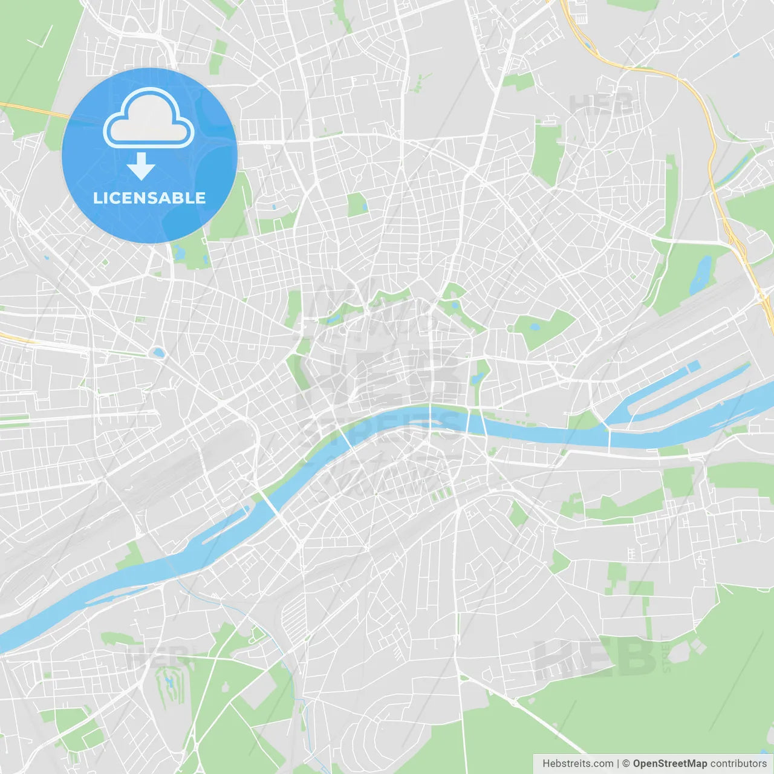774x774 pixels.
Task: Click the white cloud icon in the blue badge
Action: click(149, 119)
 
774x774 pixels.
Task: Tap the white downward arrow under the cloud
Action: click(141, 166)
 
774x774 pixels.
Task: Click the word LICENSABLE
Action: click(149, 198)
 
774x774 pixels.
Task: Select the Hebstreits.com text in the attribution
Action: click(578, 764)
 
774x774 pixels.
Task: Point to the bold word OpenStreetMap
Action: click(670, 764)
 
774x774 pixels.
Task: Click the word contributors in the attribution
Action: click(738, 764)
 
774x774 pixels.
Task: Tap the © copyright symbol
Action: click(626, 764)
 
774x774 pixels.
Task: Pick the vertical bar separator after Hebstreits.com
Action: click(618, 764)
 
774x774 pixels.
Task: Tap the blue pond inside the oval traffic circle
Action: click(158, 352)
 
